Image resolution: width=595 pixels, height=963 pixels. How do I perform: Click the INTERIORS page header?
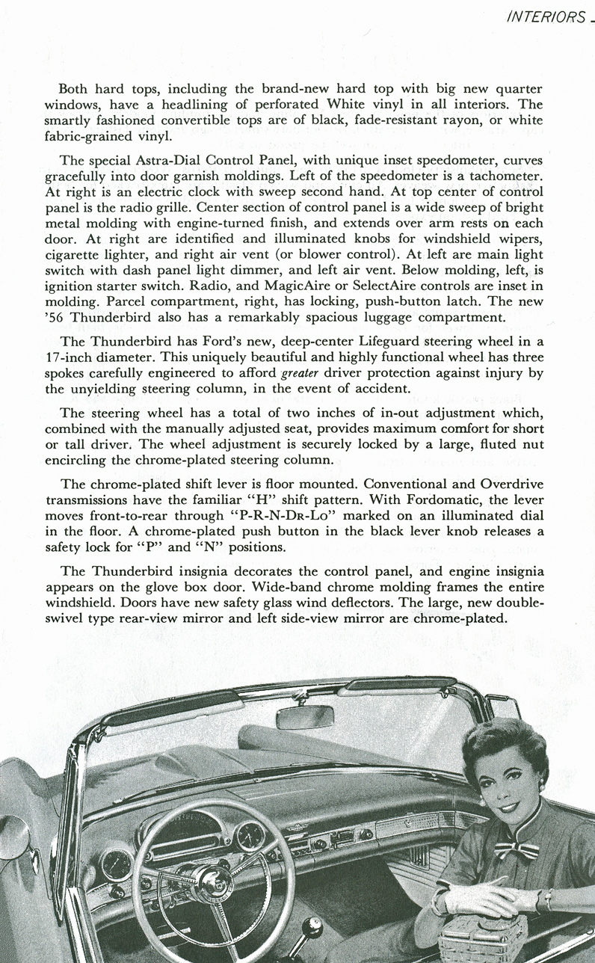point(545,17)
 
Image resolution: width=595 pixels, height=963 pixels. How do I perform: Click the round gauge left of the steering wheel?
point(116,866)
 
